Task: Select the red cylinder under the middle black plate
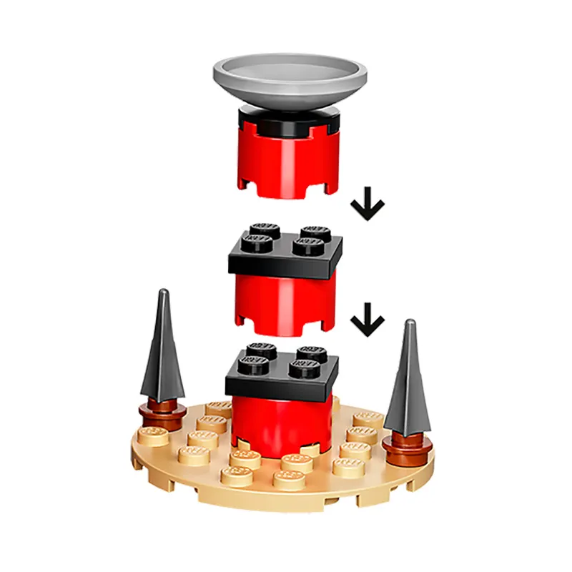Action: tap(282, 304)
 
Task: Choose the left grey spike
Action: tap(164, 350)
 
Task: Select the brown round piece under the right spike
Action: tap(408, 447)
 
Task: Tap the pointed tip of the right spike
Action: tap(410, 323)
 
